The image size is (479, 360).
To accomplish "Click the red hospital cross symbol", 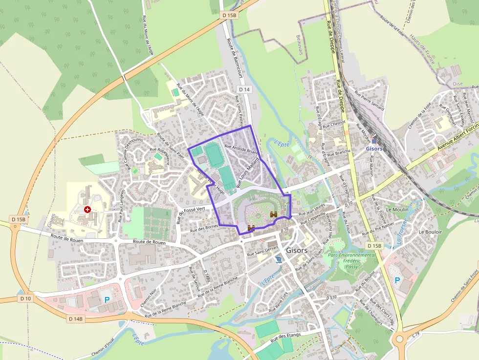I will pos(87,210).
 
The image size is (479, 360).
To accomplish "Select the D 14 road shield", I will pos(245,89).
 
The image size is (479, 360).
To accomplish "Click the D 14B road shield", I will pos(76,319).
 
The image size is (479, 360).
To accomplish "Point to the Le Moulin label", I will pos(397,209).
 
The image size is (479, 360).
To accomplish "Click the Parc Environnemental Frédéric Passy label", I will pos(352,261).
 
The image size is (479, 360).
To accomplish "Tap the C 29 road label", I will pos(416,334).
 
